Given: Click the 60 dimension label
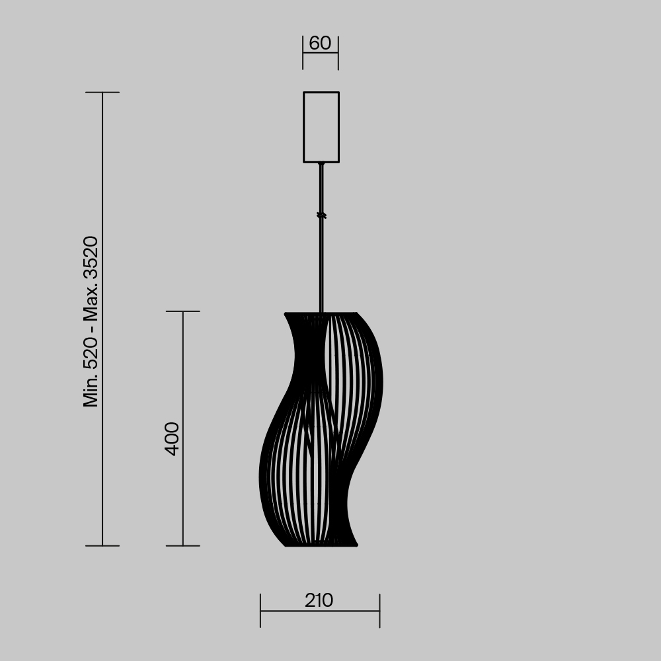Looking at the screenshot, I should coord(320,44).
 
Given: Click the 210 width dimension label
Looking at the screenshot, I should coord(319,601).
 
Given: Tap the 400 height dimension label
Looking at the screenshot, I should coord(172,438).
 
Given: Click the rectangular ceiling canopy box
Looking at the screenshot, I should coord(321,127).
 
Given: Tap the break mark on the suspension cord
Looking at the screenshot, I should coord(321,215).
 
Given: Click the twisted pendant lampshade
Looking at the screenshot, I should coord(321,430).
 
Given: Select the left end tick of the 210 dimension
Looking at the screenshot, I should coord(260,611).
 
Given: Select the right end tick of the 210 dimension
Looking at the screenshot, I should coord(379,611).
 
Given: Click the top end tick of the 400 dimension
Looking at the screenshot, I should coord(182,311).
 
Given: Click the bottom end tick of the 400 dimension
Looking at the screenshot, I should coord(182,546).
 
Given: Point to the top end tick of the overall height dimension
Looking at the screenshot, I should coord(102,93).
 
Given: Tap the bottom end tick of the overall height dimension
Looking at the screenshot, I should coord(102,546).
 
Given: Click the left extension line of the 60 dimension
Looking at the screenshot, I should coord(303,53).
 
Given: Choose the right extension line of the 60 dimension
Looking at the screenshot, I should coord(338,53).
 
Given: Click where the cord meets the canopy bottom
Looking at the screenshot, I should coord(321,163).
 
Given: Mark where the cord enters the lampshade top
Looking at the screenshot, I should coord(321,311).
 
